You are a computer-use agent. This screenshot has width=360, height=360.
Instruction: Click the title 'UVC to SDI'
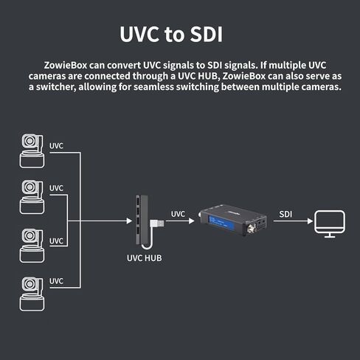pyautogui.click(x=171, y=34)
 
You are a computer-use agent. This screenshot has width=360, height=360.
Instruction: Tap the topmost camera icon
pyautogui.click(x=32, y=151)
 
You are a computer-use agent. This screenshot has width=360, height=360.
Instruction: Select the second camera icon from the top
pyautogui.click(x=32, y=197)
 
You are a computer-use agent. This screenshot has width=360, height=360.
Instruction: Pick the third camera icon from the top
pyautogui.click(x=32, y=246)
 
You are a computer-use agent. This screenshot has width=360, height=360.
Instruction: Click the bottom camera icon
pyautogui.click(x=32, y=294)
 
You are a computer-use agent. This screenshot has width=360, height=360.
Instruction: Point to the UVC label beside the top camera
pyautogui.click(x=56, y=146)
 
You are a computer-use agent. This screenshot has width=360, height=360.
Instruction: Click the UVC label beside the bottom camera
pyautogui.click(x=56, y=281)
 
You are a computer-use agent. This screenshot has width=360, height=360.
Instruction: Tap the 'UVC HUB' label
pyautogui.click(x=145, y=258)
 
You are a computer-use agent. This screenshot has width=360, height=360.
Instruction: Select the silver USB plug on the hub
pyautogui.click(x=157, y=224)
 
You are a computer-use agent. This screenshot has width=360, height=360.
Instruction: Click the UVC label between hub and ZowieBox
pyautogui.click(x=178, y=214)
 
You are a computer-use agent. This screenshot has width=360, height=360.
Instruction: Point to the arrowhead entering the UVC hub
pyautogui.click(x=129, y=221)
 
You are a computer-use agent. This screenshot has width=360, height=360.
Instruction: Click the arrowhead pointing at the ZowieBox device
pyautogui.click(x=192, y=221)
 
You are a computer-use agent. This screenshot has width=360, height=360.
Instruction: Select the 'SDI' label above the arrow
pyautogui.click(x=285, y=214)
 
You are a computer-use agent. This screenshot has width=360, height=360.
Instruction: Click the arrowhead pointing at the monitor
pyautogui.click(x=310, y=221)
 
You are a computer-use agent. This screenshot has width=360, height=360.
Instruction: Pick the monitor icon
pyautogui.click(x=330, y=224)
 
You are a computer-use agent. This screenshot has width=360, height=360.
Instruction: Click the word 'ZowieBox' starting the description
pyautogui.click(x=66, y=66)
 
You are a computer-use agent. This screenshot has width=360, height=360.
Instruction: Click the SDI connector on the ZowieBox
pyautogui.click(x=252, y=229)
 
